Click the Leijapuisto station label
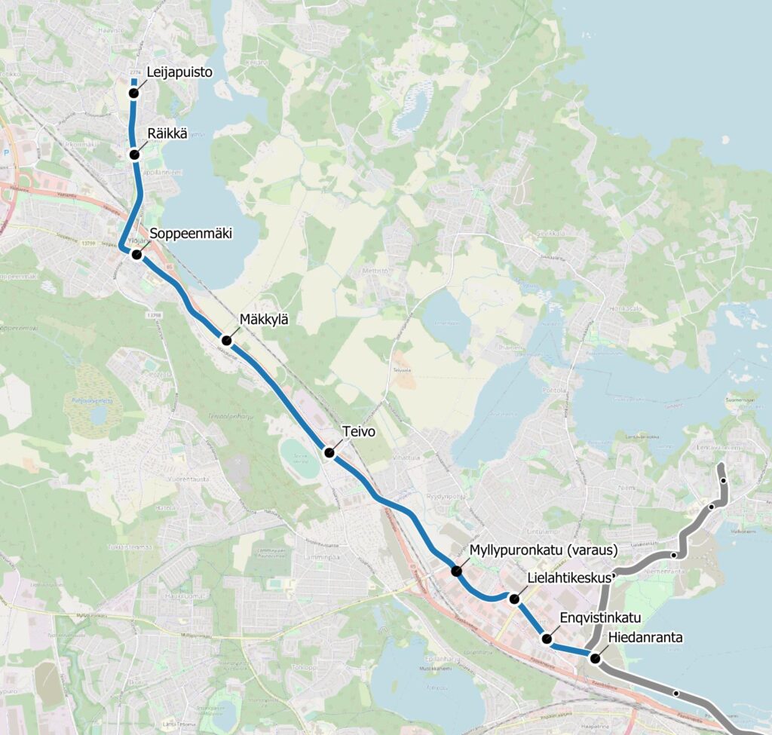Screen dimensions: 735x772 (x=181, y=72)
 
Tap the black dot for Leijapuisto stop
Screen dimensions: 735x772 (x=133, y=93)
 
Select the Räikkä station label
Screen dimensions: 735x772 (x=167, y=133)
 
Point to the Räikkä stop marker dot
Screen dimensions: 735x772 (x=134, y=155)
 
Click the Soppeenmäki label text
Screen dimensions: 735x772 (x=191, y=233)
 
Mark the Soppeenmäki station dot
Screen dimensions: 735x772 (x=137, y=255)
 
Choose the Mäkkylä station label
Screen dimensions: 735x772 (x=263, y=319)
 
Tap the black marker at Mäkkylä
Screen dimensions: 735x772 (x=226, y=341)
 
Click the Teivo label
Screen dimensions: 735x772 (x=358, y=432)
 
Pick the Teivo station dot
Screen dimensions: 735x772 (x=329, y=452)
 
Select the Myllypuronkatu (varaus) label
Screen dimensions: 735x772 (x=544, y=549)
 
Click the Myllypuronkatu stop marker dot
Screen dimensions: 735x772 (x=456, y=571)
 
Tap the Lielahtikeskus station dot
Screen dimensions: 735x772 (x=514, y=599)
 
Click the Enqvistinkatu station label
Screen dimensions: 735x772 (x=600, y=618)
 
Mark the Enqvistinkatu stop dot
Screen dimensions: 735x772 (x=547, y=639)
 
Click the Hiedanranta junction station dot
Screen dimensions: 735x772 (x=595, y=658)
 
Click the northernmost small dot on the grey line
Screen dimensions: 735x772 (x=723, y=480)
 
